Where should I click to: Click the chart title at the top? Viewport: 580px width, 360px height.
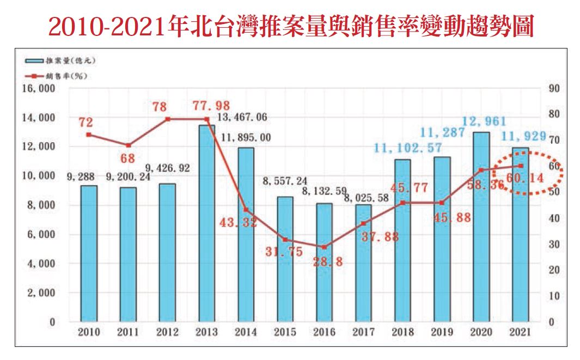pyautogui.click(x=290, y=25)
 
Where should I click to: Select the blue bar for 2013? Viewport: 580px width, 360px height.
pyautogui.click(x=206, y=223)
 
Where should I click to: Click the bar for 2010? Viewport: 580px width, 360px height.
pyautogui.click(x=89, y=253)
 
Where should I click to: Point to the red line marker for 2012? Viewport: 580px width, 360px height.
pyautogui.click(x=167, y=119)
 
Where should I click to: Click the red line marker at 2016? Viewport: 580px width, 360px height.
pyautogui.click(x=324, y=247)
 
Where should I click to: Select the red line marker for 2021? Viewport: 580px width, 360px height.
pyautogui.click(x=521, y=166)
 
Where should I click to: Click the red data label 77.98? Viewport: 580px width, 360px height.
pyautogui.click(x=211, y=105)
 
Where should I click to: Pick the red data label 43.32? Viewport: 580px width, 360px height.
pyautogui.click(x=239, y=223)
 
